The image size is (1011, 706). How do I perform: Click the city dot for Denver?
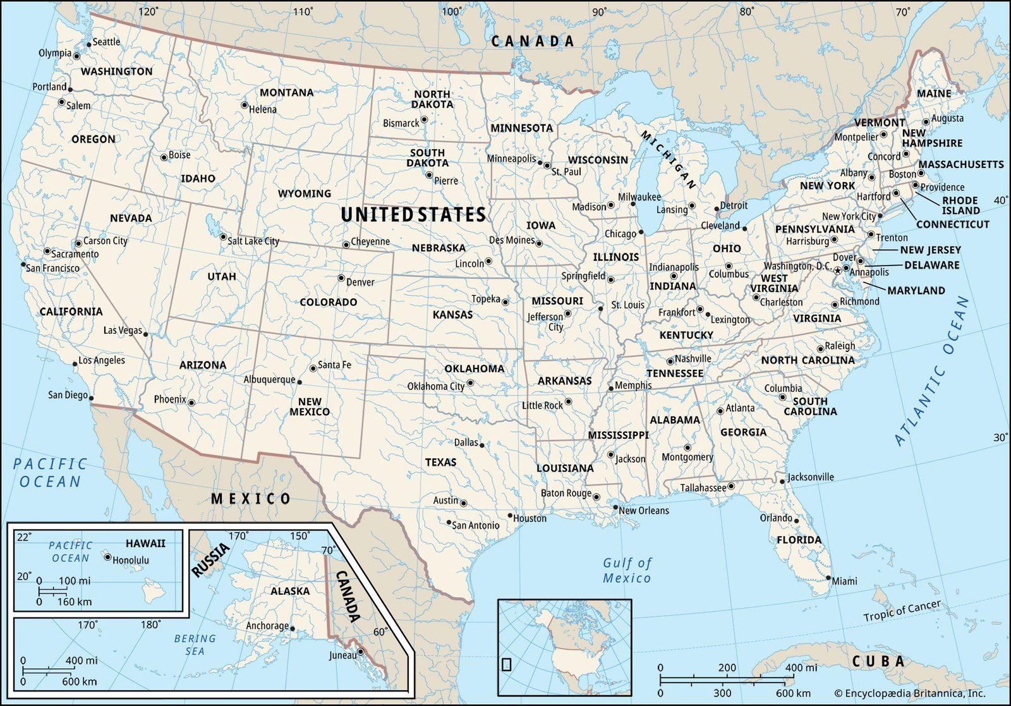(341, 278)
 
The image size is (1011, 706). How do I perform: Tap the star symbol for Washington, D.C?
(838, 271)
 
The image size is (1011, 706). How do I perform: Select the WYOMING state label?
(304, 193)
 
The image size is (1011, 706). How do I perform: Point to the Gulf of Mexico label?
(627, 570)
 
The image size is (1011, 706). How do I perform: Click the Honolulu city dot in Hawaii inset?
(107, 557)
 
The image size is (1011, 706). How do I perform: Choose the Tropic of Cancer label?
(902, 611)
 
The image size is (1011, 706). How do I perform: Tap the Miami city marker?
(828, 578)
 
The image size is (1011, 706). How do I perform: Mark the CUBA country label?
(878, 662)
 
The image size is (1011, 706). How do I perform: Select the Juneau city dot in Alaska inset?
(361, 652)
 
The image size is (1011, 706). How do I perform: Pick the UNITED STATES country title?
(413, 215)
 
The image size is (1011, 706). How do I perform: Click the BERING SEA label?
(195, 645)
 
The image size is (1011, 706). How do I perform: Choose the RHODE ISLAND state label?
(960, 205)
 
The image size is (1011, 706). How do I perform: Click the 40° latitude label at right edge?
(1000, 200)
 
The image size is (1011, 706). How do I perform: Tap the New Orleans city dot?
(615, 507)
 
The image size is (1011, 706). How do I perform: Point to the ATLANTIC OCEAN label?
(931, 372)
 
